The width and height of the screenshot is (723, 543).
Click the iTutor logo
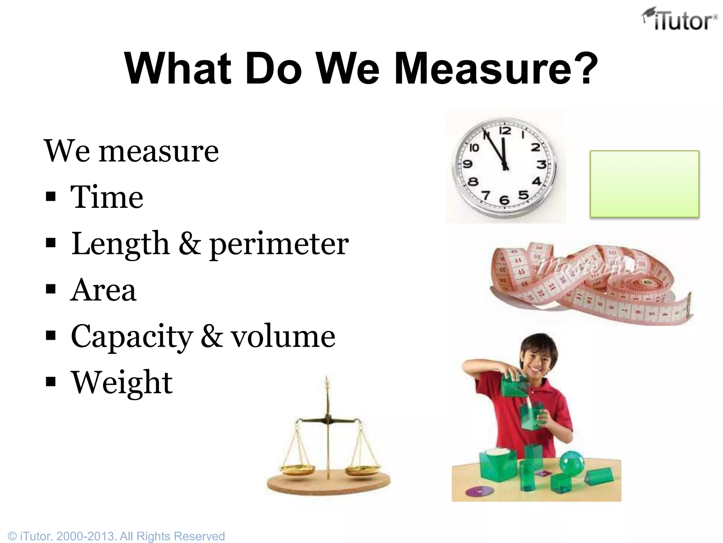coord(680,19)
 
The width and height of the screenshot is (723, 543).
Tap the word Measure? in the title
coord(496,69)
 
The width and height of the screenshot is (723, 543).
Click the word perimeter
coord(279,244)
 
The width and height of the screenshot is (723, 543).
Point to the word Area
coord(103,290)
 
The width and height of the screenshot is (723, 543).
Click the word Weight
coord(122,383)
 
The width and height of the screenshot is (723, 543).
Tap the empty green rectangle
coord(644,183)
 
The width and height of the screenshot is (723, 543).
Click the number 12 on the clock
coord(505,131)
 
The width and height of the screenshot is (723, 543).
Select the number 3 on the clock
coord(541,164)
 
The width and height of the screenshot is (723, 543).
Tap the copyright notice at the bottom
coord(116,536)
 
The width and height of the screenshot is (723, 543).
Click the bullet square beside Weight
coord(51,382)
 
